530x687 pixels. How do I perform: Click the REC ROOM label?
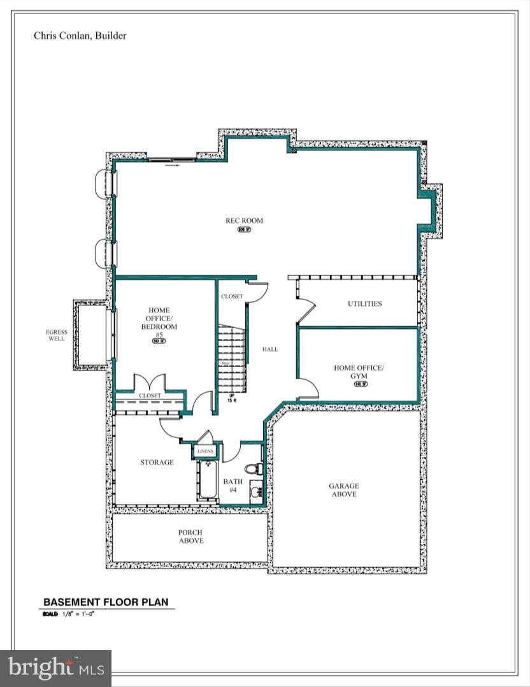[x=244, y=221]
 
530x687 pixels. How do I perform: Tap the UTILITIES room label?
[x=364, y=303]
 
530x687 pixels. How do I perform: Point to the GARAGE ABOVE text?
[x=343, y=490]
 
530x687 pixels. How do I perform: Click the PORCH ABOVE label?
[x=190, y=537]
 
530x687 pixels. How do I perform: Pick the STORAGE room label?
[x=157, y=462]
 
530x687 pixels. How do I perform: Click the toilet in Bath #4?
[x=255, y=469]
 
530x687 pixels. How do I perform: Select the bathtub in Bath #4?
[x=208, y=481]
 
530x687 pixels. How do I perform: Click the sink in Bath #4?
[x=255, y=492]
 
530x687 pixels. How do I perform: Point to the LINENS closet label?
[x=205, y=451]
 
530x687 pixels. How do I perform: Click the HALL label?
[x=270, y=349]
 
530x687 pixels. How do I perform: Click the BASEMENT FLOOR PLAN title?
[x=106, y=602]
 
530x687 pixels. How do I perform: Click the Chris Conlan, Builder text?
[x=80, y=36]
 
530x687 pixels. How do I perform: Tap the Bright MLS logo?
[x=55, y=668]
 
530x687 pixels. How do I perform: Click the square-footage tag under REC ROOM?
[x=244, y=229]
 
